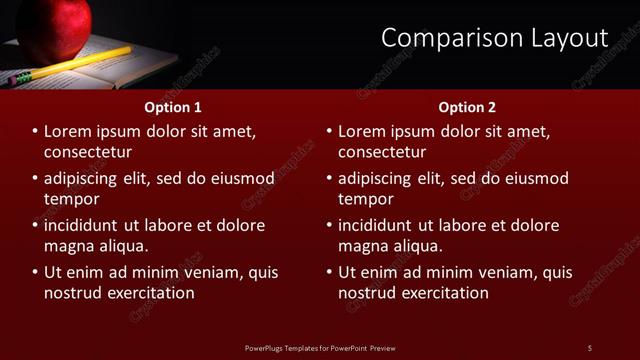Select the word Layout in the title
click(564, 38)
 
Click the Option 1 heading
click(173, 107)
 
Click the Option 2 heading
click(467, 107)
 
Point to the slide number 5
click(590, 347)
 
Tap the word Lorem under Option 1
click(68, 131)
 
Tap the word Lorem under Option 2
click(362, 131)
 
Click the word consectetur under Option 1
click(89, 152)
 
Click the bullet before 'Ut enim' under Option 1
click(35, 272)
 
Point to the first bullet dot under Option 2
click(329, 131)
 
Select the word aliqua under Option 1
click(122, 246)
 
